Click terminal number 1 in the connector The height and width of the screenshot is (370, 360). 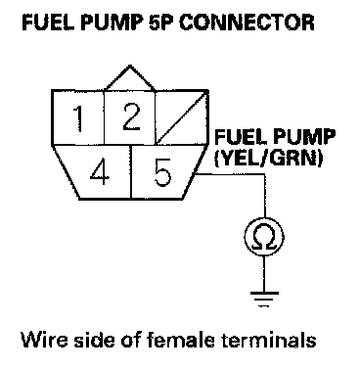[78, 117]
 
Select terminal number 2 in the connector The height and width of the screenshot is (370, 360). [130, 117]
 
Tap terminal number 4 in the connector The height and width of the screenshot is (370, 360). [100, 172]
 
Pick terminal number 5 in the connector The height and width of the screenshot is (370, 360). [163, 172]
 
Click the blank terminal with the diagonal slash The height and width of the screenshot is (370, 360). [181, 117]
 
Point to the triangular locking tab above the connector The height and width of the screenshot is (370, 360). [130, 77]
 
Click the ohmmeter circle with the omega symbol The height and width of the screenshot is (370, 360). [264, 237]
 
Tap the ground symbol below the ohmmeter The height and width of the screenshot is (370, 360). [264, 299]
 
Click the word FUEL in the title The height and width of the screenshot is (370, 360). [44, 23]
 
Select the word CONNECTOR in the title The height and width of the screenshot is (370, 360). [247, 23]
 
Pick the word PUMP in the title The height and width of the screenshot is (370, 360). [108, 23]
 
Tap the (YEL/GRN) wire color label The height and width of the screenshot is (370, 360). [269, 159]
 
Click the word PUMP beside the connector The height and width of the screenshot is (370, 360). [304, 137]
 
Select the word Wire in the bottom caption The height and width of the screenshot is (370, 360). [45, 340]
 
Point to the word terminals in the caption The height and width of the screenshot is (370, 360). [269, 340]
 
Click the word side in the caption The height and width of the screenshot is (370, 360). [95, 340]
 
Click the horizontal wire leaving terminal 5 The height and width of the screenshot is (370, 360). [230, 174]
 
